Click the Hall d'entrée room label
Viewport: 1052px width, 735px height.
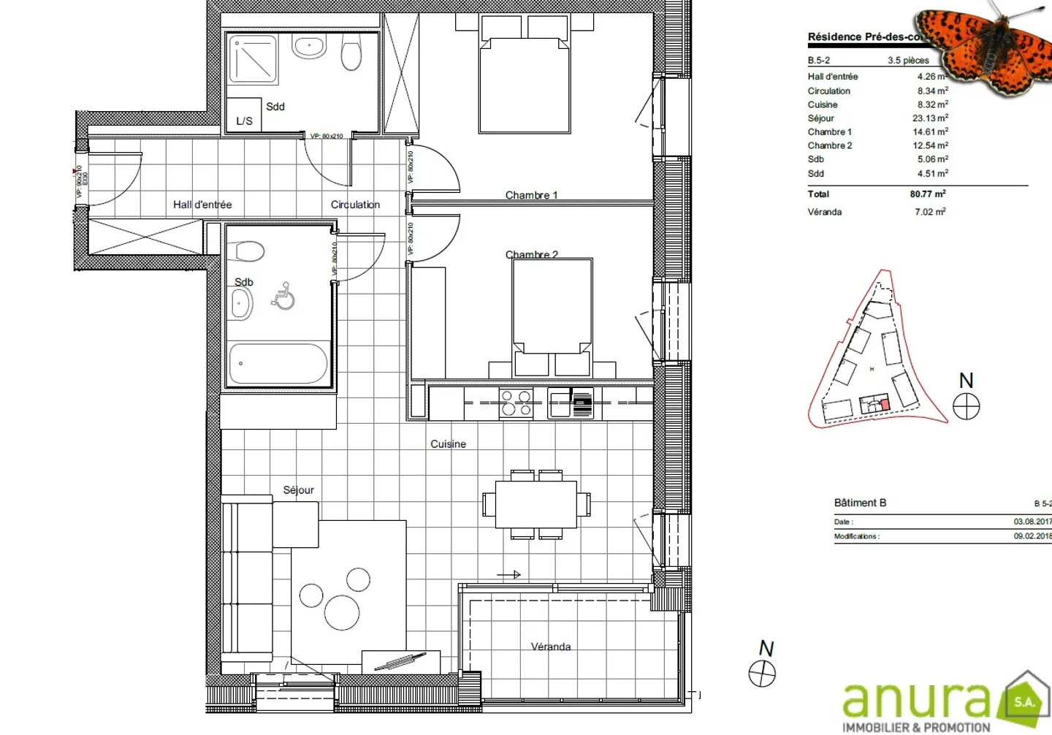pyautogui.click(x=202, y=205)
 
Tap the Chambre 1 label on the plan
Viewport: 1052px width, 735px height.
pyautogui.click(x=531, y=195)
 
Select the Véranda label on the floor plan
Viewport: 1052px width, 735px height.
pyautogui.click(x=551, y=647)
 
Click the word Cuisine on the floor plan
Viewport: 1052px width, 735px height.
pyautogui.click(x=448, y=443)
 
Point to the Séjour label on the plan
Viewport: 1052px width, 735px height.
pyautogui.click(x=299, y=490)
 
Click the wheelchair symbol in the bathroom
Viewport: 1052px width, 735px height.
pyautogui.click(x=283, y=297)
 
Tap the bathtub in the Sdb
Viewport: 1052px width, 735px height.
pyautogui.click(x=278, y=364)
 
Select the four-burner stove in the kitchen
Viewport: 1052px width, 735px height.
pyautogui.click(x=516, y=403)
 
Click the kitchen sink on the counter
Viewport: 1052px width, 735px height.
pyautogui.click(x=560, y=403)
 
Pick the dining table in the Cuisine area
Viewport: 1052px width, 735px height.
pyautogui.click(x=536, y=504)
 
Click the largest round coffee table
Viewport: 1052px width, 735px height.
pyautogui.click(x=342, y=612)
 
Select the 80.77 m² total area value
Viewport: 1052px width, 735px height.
pyautogui.click(x=928, y=194)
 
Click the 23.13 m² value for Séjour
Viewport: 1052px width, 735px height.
pyautogui.click(x=930, y=118)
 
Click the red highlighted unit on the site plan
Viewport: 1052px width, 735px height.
pyautogui.click(x=885, y=405)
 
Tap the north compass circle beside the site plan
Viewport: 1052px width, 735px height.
pyautogui.click(x=966, y=406)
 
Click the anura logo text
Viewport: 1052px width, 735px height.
pyautogui.click(x=917, y=699)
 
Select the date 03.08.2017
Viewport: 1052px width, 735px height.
pyautogui.click(x=1032, y=522)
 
